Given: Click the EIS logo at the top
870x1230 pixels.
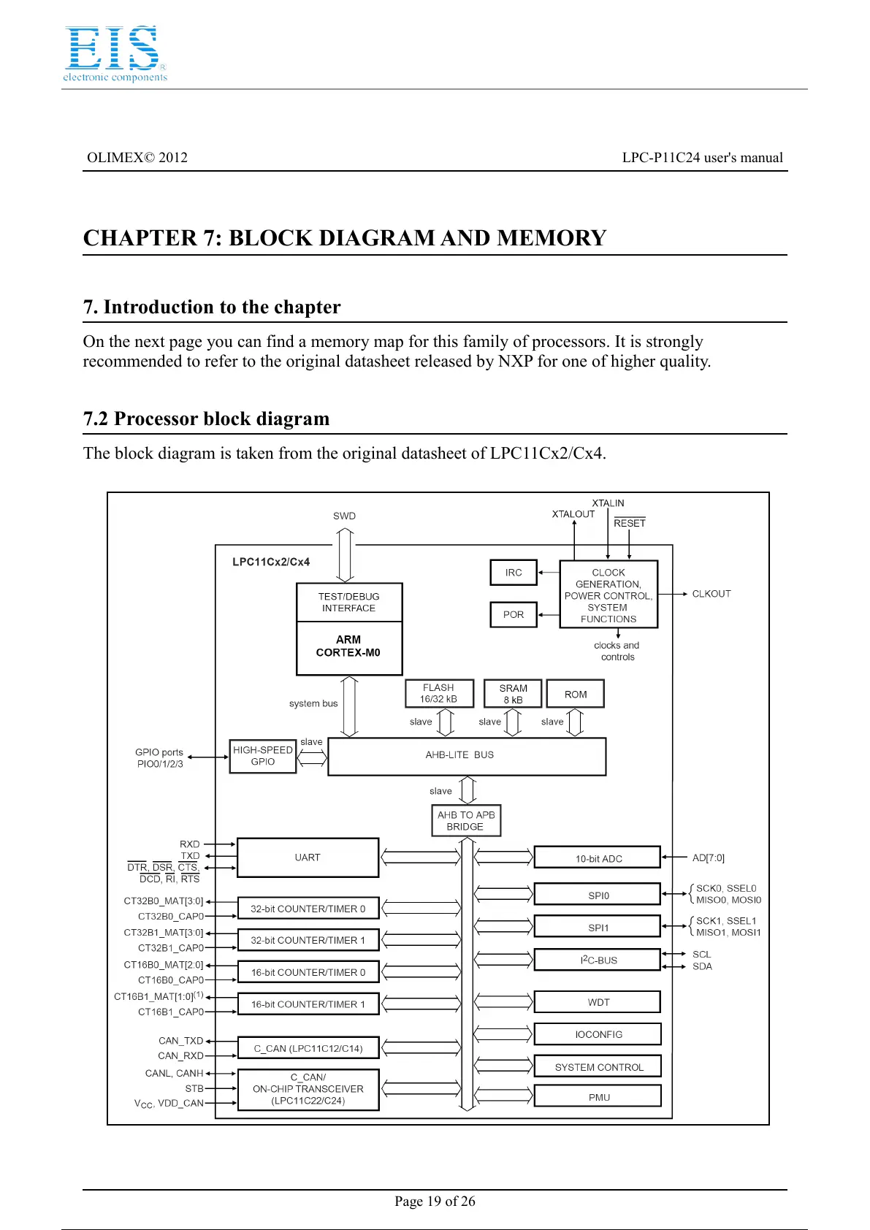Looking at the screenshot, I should [x=115, y=53].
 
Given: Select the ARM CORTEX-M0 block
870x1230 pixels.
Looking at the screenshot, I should [x=348, y=647].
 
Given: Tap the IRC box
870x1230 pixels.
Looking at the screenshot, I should [x=514, y=573].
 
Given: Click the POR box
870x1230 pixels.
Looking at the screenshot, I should [x=514, y=614].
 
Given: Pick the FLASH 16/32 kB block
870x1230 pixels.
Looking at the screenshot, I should [x=439, y=693].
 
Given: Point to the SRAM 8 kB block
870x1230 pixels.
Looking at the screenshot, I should [x=513, y=694].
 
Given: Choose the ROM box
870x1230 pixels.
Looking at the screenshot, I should [x=576, y=694].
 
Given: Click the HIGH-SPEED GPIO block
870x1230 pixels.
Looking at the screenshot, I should [x=263, y=755].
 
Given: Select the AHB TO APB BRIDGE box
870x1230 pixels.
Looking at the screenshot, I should [x=466, y=820].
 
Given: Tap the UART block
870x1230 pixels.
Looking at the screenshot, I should [x=308, y=857].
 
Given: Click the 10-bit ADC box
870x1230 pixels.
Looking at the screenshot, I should [x=598, y=858].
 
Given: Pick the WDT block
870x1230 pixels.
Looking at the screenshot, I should [x=598, y=1002].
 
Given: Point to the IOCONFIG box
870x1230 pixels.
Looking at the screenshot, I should [x=598, y=1034].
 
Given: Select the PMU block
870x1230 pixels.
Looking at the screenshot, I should [x=598, y=1097].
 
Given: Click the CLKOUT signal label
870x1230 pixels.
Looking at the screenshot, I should [x=711, y=594].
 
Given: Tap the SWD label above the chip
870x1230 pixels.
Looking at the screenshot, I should [x=344, y=516].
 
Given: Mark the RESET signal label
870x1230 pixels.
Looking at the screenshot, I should [x=630, y=523].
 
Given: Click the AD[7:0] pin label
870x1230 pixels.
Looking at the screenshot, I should [x=709, y=857].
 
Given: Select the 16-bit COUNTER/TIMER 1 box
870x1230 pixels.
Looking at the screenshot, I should [x=308, y=1004].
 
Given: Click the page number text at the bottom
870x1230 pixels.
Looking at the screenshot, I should [x=435, y=1202].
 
